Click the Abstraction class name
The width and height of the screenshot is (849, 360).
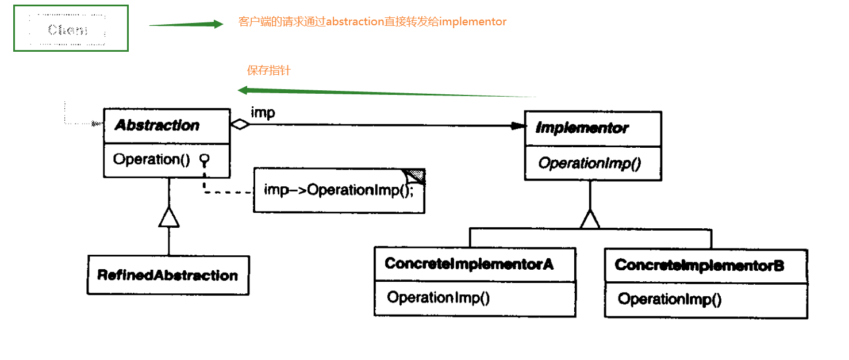[x=157, y=125]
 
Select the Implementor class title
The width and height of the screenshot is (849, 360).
[x=582, y=128]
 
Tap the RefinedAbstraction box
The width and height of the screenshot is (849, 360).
[x=168, y=275]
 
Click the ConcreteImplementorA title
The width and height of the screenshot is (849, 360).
[x=469, y=264]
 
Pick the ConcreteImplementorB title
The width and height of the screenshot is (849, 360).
[x=700, y=266]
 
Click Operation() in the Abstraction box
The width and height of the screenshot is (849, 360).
[x=151, y=159]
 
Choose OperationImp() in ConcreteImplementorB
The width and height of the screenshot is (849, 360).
[x=670, y=299]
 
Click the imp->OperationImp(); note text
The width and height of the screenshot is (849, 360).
[x=339, y=190]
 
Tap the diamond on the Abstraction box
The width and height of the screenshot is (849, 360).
[x=239, y=125]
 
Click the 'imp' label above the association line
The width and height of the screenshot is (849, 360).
[x=263, y=113]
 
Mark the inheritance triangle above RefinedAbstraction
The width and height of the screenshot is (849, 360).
[x=168, y=217]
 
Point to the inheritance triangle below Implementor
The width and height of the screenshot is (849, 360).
[x=590, y=219]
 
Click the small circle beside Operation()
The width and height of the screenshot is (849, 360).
[x=203, y=159]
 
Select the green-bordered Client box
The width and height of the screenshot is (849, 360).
[x=71, y=29]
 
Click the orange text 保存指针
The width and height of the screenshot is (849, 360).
[x=269, y=71]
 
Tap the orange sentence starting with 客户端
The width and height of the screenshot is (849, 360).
[x=372, y=22]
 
